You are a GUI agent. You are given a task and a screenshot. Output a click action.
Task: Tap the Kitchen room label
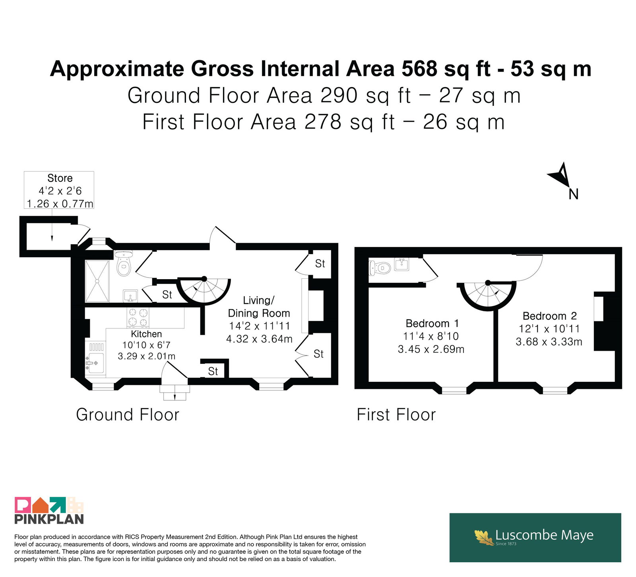146,334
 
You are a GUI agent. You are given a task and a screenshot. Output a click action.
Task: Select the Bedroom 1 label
432,323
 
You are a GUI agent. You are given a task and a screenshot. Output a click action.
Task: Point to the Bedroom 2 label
549,316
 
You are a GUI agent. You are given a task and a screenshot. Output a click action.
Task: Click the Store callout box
59,190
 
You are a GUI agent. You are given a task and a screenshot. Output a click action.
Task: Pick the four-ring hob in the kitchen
138,317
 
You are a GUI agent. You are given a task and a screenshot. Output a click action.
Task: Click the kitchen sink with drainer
95,358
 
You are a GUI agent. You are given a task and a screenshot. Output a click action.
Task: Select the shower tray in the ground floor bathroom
97,281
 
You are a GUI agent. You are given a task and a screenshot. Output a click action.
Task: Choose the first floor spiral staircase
488,296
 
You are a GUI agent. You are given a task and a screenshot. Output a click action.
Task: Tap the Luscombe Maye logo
535,538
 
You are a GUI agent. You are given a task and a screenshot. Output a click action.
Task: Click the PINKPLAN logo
49,511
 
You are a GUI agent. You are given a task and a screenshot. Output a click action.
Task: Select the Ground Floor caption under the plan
128,415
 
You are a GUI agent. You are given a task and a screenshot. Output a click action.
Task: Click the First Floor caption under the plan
396,415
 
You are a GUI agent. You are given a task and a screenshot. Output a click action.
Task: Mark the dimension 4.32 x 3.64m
259,339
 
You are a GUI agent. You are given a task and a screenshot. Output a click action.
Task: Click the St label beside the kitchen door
213,371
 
